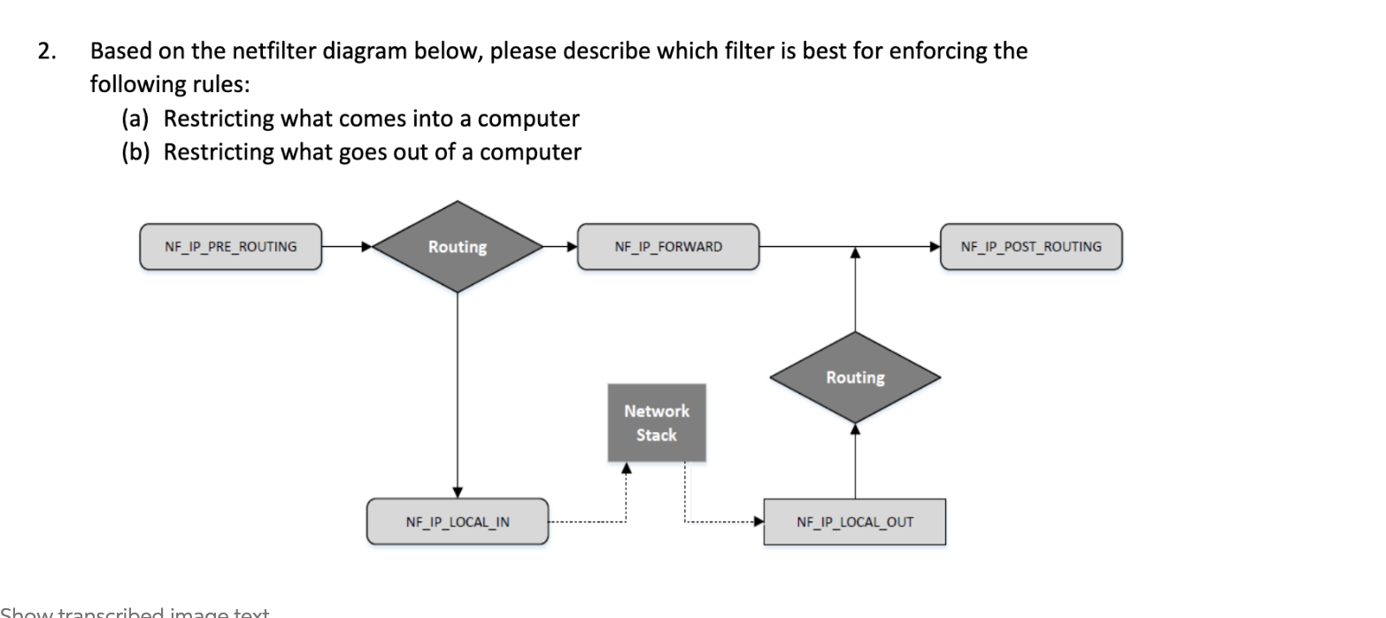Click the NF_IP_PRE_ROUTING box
click(230, 247)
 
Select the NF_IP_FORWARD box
click(667, 247)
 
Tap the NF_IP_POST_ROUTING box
click(1030, 247)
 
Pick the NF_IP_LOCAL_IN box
click(458, 521)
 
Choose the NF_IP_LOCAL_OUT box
click(854, 521)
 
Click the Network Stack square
click(656, 423)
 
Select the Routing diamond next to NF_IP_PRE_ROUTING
click(458, 247)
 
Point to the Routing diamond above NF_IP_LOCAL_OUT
click(855, 378)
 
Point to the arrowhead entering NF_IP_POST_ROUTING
click(934, 247)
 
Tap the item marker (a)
click(135, 119)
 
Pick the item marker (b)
click(135, 152)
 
